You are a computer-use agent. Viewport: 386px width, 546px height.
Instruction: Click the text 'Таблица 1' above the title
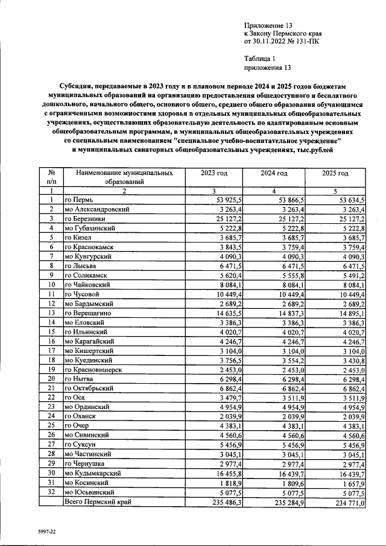[259, 59]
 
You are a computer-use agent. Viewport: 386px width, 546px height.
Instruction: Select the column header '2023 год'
[214, 173]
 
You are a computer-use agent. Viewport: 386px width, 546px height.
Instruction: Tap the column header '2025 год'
[335, 173]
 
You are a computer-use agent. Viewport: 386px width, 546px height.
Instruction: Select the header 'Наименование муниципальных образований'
[124, 177]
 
